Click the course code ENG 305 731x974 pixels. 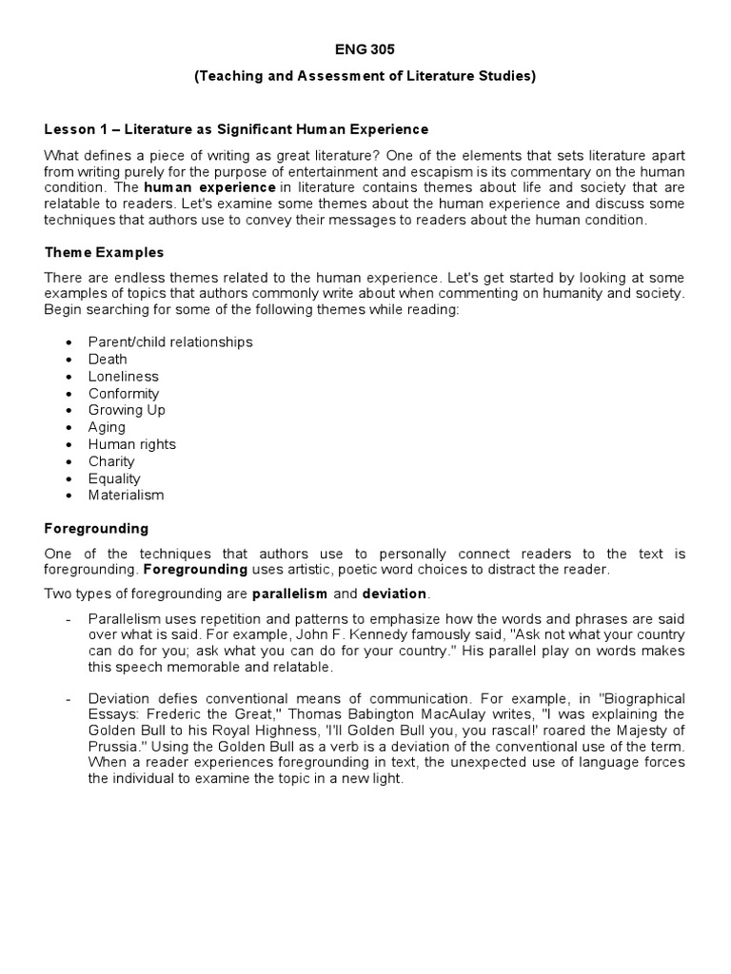(365, 49)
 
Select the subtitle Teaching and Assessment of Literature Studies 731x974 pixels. (365, 76)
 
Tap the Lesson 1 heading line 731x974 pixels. (237, 128)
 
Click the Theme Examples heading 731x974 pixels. (105, 252)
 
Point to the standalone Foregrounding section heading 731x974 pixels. (97, 528)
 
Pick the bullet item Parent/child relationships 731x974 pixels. (170, 341)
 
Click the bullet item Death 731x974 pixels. (108, 359)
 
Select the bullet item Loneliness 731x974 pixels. (124, 376)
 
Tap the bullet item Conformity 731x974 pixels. (124, 393)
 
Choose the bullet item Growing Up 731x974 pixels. (127, 410)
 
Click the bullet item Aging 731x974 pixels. (107, 427)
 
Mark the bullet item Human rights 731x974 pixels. (132, 444)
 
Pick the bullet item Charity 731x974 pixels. (111, 461)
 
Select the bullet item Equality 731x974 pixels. (114, 478)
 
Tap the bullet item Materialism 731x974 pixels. (127, 495)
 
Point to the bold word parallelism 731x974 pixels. (290, 594)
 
